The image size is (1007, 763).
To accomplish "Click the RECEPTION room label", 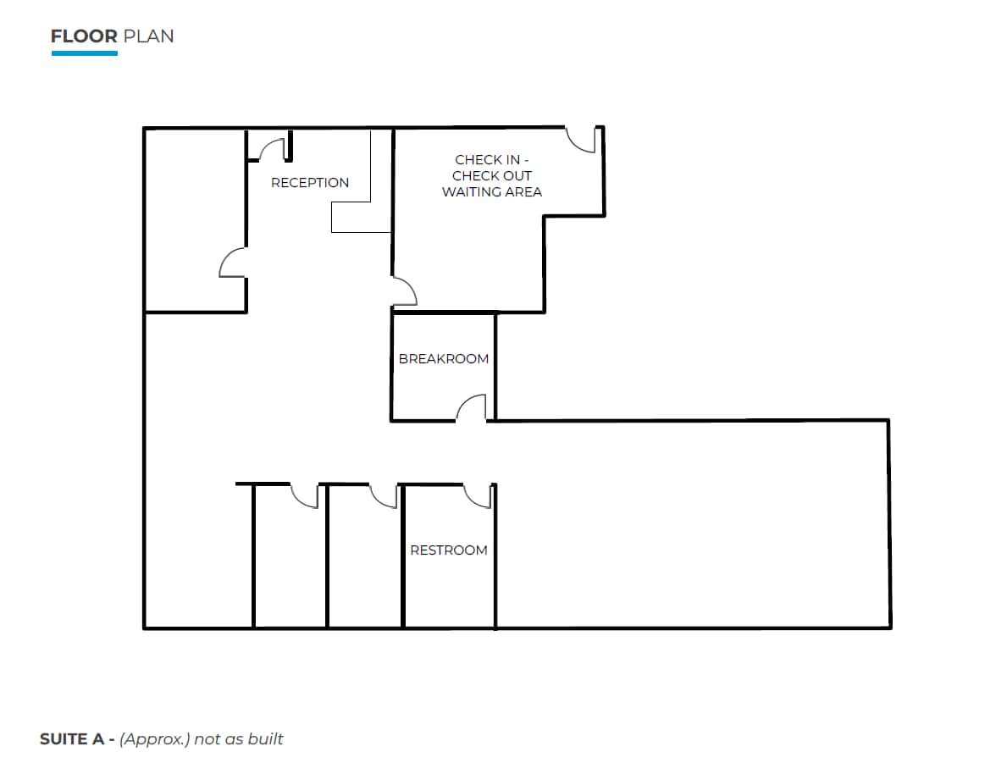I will click(309, 183).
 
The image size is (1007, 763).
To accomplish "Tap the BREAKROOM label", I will click(444, 359).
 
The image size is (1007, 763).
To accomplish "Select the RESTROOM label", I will click(449, 550).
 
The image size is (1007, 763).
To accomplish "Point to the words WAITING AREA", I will click(492, 192).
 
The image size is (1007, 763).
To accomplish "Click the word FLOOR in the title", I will click(84, 36).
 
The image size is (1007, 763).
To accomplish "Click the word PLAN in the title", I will click(148, 36).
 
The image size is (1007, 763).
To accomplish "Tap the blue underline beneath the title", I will click(84, 53).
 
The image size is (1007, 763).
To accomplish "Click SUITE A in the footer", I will click(72, 739).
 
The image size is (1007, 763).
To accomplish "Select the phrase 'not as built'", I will click(239, 739).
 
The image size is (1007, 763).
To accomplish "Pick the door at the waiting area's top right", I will click(583, 141).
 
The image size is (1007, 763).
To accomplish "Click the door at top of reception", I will click(272, 149).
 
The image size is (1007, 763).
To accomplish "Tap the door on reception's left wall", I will click(232, 263).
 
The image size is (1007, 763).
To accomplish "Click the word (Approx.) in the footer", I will click(154, 739).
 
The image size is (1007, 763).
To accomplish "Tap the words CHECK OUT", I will click(492, 176).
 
